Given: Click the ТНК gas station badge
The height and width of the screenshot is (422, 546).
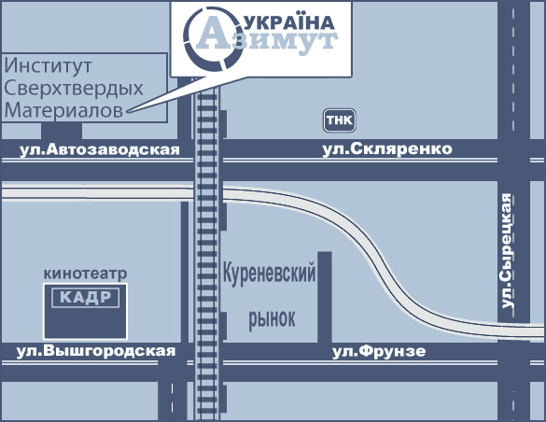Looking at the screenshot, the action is click(x=340, y=120).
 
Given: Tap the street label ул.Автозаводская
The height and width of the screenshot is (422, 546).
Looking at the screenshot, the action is click(x=100, y=149).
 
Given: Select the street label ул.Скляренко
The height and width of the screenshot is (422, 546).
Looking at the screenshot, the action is click(x=387, y=149).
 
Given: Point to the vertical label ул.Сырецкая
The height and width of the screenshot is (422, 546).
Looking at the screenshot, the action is click(x=507, y=251).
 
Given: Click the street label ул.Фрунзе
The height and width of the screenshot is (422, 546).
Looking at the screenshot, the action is click(x=379, y=351).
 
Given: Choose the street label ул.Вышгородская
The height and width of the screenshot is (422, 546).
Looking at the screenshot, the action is click(x=96, y=351).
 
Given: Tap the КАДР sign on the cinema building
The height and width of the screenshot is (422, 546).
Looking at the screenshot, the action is click(x=86, y=298).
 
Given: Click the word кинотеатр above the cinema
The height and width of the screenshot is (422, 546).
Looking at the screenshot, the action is click(x=85, y=274).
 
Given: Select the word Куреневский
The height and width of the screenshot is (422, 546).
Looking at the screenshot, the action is click(x=269, y=274).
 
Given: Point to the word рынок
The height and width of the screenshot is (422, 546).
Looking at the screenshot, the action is click(x=272, y=318).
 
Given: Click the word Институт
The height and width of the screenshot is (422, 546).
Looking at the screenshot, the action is click(x=48, y=65).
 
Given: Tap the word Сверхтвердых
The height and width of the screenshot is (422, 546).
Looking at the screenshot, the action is click(x=74, y=88).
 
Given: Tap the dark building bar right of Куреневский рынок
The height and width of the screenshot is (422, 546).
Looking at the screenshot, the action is click(x=325, y=298).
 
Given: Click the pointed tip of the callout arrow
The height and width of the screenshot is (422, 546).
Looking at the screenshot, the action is click(x=128, y=111).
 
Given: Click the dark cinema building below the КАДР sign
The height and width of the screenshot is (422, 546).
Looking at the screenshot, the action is click(x=86, y=323).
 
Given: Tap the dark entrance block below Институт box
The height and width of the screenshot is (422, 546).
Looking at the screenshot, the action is click(x=62, y=131).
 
